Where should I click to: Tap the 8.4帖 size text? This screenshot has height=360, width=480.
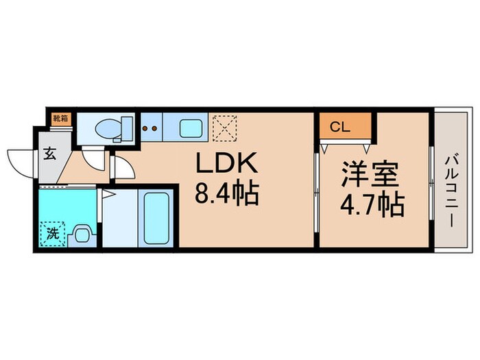point(227,195)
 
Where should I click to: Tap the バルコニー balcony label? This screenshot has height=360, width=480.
point(450,184)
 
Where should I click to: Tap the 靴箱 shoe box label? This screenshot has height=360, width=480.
point(60,117)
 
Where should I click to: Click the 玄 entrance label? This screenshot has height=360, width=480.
point(51,154)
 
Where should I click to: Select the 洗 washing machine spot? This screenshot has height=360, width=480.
point(52,232)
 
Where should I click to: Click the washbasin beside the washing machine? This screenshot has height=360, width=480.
point(81,235)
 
